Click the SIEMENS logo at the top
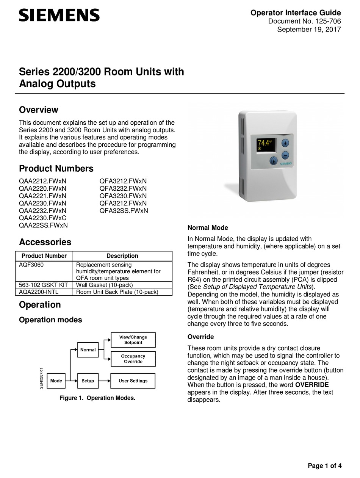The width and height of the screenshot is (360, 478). pyautogui.click(x=59, y=16)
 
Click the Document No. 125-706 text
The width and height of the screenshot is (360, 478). pyautogui.click(x=304, y=21)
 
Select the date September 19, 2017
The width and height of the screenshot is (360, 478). pyautogui.click(x=309, y=30)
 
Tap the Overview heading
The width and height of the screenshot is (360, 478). pyautogui.click(x=39, y=110)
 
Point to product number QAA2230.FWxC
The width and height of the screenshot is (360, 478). pyautogui.click(x=42, y=218)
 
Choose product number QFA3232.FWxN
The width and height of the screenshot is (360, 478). pyautogui.click(x=123, y=188)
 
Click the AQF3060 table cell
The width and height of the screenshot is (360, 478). pyautogui.click(x=31, y=265)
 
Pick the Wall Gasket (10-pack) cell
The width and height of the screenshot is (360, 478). pyautogui.click(x=105, y=285)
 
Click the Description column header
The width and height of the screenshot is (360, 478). pyautogui.click(x=122, y=256)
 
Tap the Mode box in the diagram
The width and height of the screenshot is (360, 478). pyautogui.click(x=56, y=381)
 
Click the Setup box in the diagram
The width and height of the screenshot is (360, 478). pyautogui.click(x=88, y=381)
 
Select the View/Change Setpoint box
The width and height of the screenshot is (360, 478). pyautogui.click(x=133, y=340)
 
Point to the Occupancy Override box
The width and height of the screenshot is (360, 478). pyautogui.click(x=133, y=359)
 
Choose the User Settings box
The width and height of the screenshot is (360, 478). pyautogui.click(x=133, y=381)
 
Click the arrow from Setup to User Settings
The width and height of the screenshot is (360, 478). pyautogui.click(x=104, y=381)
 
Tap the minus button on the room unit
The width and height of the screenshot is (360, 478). pyautogui.click(x=285, y=155)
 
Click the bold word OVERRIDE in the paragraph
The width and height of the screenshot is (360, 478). pyautogui.click(x=312, y=385)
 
